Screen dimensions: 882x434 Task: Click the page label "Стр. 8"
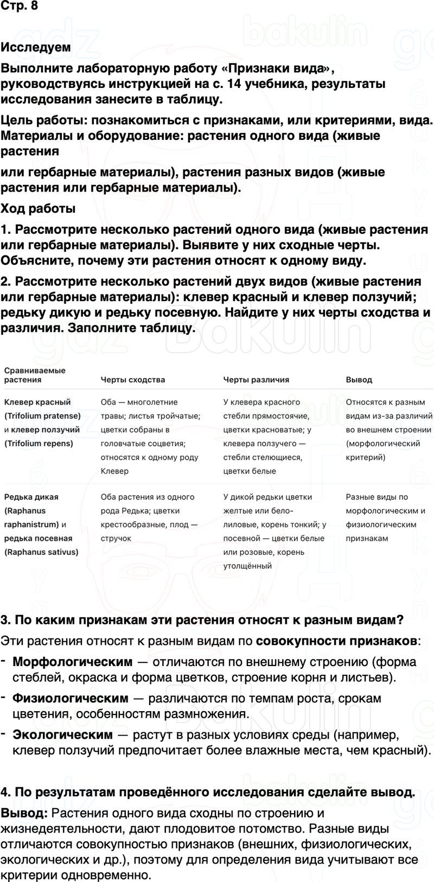19,7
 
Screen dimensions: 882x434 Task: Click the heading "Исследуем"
36,47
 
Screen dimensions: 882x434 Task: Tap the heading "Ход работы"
38,208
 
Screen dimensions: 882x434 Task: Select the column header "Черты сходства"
132,380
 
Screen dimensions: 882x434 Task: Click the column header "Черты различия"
256,380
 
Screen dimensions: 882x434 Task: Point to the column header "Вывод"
359,380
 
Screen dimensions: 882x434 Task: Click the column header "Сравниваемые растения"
35,375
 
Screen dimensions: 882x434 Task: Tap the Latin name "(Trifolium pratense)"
42,416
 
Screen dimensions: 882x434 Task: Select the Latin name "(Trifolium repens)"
39,443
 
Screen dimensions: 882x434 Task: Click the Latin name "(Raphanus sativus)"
41,552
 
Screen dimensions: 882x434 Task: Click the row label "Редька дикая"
31,497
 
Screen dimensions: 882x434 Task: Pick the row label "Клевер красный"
37,402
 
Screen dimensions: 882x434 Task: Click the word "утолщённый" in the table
247,566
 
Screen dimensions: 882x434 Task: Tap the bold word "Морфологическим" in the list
72,662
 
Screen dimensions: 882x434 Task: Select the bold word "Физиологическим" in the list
71,699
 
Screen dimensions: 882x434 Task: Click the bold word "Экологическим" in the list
62,735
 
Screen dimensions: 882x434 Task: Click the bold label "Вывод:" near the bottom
24,813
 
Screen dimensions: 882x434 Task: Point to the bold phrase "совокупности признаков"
336,641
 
